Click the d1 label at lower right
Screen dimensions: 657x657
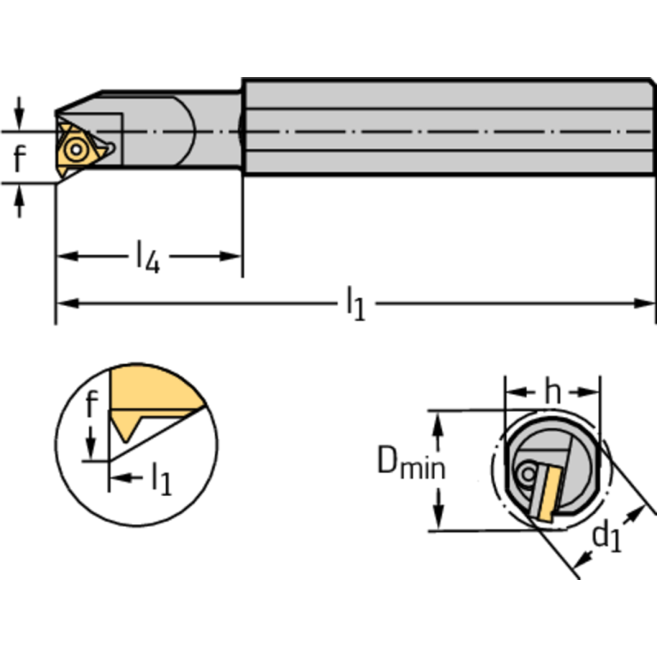pos(607,536)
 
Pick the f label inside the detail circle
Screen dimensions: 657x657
pos(93,403)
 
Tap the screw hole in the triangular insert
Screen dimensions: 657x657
pos(77,151)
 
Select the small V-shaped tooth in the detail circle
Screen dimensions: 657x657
pos(127,428)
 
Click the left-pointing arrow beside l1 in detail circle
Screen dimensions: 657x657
pos(119,479)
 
